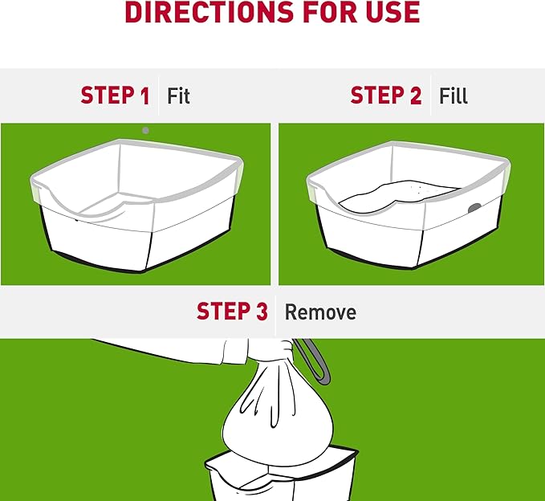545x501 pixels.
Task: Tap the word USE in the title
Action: click(392, 12)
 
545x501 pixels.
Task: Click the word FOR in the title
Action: click(330, 12)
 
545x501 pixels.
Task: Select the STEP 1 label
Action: click(115, 96)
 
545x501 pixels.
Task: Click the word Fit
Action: click(178, 96)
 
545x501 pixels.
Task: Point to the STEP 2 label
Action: click(386, 96)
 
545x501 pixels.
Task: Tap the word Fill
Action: click(453, 96)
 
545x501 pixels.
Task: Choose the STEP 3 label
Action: click(232, 311)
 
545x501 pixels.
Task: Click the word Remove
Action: click(320, 312)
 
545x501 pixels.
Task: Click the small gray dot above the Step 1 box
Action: click(145, 131)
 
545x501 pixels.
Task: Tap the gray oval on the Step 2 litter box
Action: click(474, 208)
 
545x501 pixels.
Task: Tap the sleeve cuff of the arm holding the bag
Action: click(236, 351)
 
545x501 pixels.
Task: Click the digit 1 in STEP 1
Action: click(145, 96)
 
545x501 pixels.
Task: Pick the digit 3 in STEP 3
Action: click(262, 311)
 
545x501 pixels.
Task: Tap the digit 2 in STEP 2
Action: click(416, 96)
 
